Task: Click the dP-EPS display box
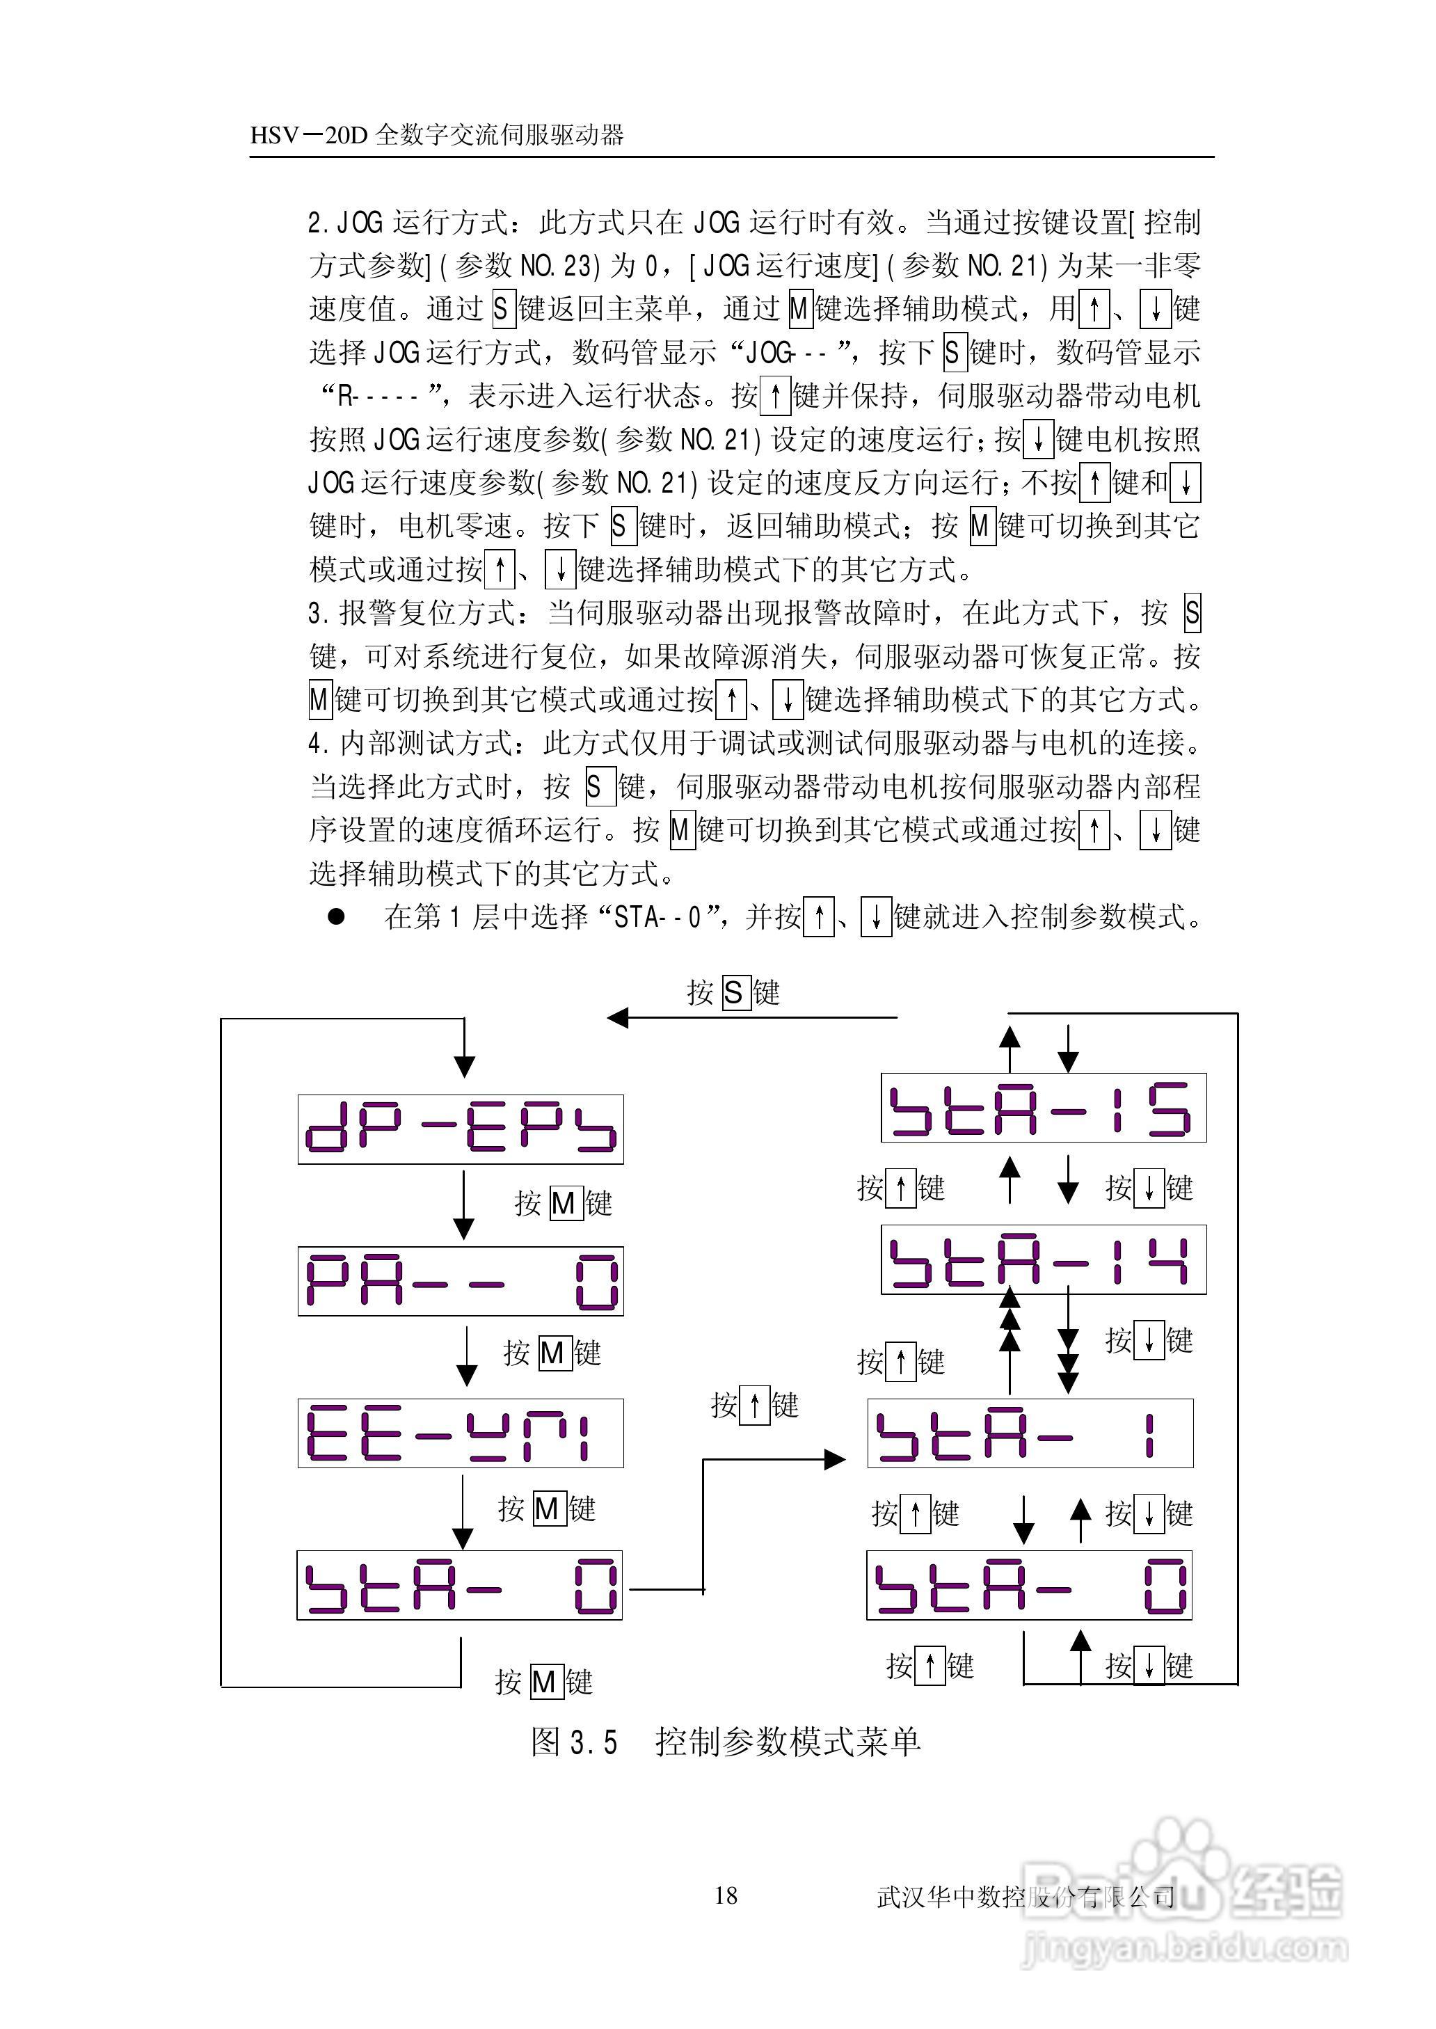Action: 460,1129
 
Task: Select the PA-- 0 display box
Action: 460,1281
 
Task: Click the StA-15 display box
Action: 1044,1108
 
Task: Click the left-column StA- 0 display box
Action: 459,1585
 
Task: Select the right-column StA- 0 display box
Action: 1029,1585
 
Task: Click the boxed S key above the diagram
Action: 734,993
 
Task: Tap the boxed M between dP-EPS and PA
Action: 564,1203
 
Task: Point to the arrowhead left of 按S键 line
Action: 617,1017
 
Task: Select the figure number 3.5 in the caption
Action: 593,1742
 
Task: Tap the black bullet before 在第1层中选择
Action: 336,917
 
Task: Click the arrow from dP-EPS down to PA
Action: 463,1202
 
